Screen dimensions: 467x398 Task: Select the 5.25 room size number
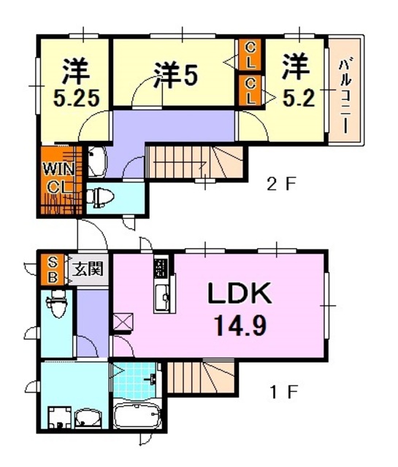coord(73,97)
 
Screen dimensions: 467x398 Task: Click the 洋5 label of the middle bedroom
coord(176,76)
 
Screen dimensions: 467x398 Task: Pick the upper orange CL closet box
coord(250,54)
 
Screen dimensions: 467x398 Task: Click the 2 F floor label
coord(280,185)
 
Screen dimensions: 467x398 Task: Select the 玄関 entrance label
coord(87,269)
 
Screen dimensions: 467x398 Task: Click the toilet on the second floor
coord(98,196)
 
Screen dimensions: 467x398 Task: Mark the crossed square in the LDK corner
coord(123,321)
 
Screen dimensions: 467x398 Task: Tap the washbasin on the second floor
coord(97,161)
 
